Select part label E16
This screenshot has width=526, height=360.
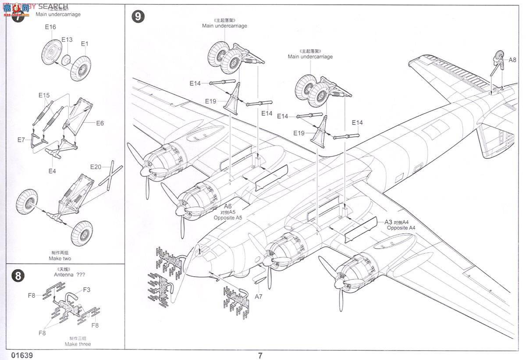coord(50,27)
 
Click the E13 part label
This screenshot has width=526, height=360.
coord(67,39)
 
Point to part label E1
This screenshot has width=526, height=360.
coord(85,43)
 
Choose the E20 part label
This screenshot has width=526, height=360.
coord(96,167)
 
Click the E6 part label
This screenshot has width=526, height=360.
coord(100,123)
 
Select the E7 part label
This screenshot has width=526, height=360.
coord(21,140)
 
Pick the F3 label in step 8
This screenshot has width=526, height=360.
coord(86,289)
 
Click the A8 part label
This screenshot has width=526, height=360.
coord(512,60)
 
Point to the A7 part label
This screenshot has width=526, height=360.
coord(259,297)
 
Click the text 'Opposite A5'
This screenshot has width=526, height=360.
coord(227,218)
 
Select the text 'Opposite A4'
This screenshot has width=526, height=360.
coord(401,228)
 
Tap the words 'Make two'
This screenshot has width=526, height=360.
coord(60,259)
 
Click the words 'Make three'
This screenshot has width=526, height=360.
coord(78,344)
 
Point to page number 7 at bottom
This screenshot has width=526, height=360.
coord(260,355)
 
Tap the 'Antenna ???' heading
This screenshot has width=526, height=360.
coord(70,275)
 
